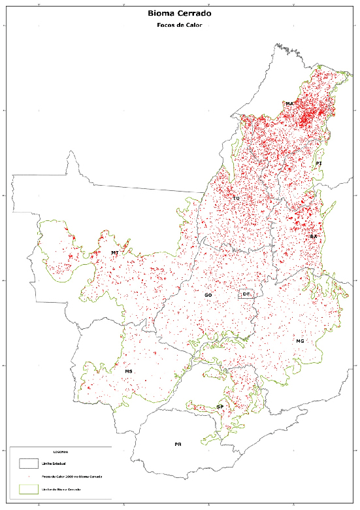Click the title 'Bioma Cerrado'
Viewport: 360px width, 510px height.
click(180, 12)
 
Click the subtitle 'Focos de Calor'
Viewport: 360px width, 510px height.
click(180, 25)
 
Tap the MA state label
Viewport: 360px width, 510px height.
click(289, 104)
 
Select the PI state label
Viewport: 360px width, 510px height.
click(319, 163)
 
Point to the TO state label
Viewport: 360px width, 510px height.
click(236, 197)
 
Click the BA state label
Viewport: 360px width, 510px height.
click(314, 236)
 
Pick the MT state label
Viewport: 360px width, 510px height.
click(114, 252)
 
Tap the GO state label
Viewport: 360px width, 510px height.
click(208, 296)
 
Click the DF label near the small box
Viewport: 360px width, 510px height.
click(246, 294)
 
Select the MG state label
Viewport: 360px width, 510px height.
click(300, 341)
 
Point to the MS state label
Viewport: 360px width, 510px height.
click(129, 371)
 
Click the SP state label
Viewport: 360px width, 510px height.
click(220, 407)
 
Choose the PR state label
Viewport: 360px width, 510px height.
click(178, 444)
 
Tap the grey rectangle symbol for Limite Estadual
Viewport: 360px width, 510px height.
click(28, 464)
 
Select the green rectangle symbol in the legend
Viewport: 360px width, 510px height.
click(28, 488)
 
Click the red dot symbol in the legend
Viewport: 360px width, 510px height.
click(28, 477)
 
